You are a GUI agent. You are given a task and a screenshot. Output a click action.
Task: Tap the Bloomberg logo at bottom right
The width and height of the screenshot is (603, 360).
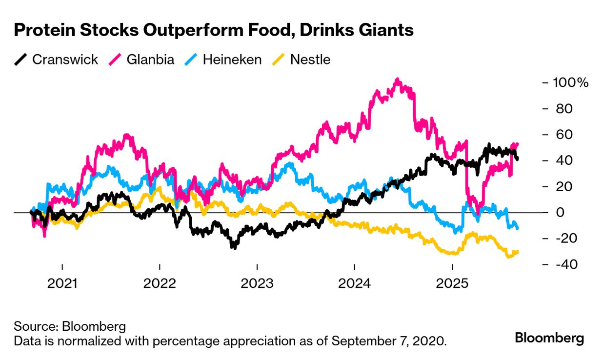click(x=549, y=338)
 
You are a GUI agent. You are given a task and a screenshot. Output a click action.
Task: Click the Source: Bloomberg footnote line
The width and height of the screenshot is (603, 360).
click(x=70, y=326)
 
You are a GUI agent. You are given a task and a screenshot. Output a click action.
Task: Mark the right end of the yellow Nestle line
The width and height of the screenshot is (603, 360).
click(x=517, y=251)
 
